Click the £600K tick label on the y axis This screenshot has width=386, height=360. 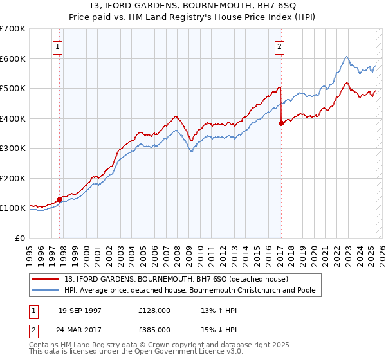tap(13, 59)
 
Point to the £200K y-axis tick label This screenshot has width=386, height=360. tap(13, 178)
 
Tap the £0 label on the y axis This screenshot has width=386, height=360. tap(20, 238)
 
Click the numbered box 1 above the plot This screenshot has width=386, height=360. tap(58, 46)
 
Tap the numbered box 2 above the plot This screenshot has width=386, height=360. tap(280, 46)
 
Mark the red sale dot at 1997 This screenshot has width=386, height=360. tap(60, 199)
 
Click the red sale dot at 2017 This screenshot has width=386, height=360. tap(281, 123)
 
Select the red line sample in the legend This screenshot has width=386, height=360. tap(46, 279)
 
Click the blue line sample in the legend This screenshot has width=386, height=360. tap(46, 290)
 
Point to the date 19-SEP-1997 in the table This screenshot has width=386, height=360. tap(80, 310)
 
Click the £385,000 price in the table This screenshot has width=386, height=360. tap(154, 329)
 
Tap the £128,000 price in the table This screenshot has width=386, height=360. tap(154, 310)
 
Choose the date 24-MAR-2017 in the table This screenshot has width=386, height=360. tap(80, 329)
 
